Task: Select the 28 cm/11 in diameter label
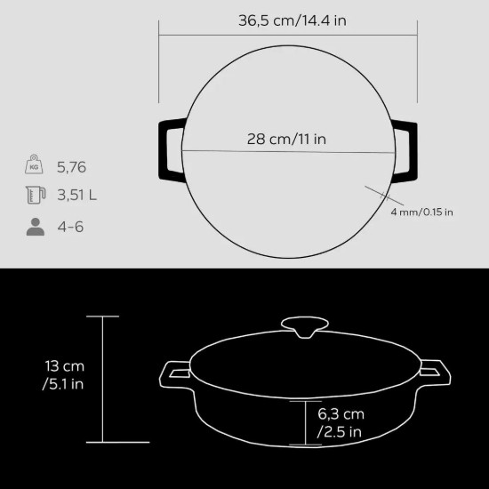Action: [287, 139]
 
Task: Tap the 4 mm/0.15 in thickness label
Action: [421, 212]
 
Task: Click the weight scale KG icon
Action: [35, 165]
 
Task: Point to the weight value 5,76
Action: [73, 166]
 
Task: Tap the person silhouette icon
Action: [35, 227]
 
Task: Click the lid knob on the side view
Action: [302, 326]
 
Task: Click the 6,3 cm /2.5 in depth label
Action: [340, 423]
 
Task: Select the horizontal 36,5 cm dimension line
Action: [287, 36]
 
